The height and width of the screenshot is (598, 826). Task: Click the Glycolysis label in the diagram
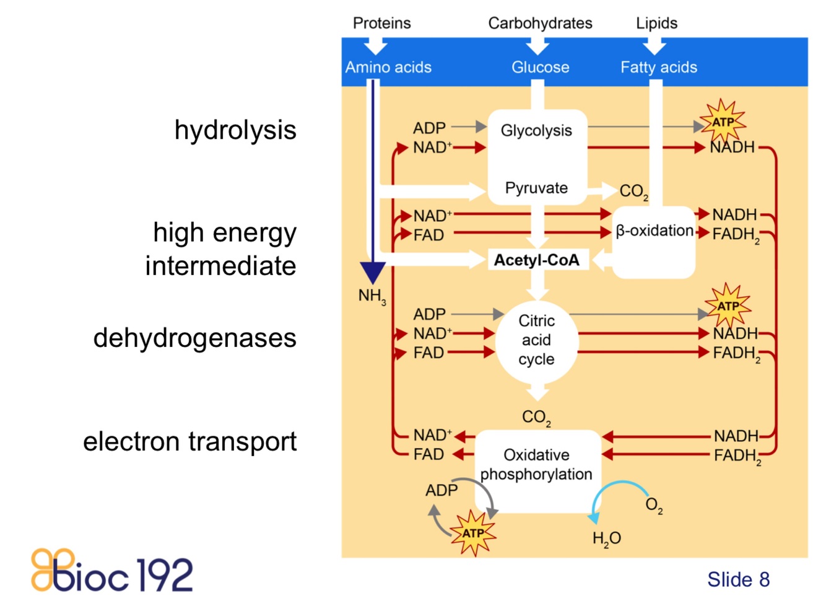pos(536,131)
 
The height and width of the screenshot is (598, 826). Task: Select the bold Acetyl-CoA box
pos(536,260)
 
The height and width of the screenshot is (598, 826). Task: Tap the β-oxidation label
pos(654,231)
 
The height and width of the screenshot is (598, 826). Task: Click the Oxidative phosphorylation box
pos(536,465)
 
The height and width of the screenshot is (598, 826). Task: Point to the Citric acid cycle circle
pos(536,340)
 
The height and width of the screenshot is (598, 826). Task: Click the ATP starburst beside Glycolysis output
pos(722,121)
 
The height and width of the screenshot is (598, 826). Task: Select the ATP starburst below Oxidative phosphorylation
pos(473,533)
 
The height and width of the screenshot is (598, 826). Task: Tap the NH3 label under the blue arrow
pos(372,296)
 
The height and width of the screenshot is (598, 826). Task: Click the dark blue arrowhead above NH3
pos(373,271)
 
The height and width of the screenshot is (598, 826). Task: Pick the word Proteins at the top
pos(381,23)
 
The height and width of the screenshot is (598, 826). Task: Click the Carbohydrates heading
pos(540,23)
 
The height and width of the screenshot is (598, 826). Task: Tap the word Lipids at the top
pos(656,23)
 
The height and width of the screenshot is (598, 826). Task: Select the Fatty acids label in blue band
pos(659,67)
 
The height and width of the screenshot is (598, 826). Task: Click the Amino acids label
pos(388,67)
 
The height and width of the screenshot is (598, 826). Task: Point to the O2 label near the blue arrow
pos(654,505)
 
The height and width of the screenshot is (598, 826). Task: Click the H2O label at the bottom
pos(606,539)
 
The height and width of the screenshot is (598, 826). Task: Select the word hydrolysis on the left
pos(235,130)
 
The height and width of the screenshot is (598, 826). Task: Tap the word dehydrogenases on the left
pos(195,338)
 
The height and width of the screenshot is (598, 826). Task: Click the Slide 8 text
pos(738,579)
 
